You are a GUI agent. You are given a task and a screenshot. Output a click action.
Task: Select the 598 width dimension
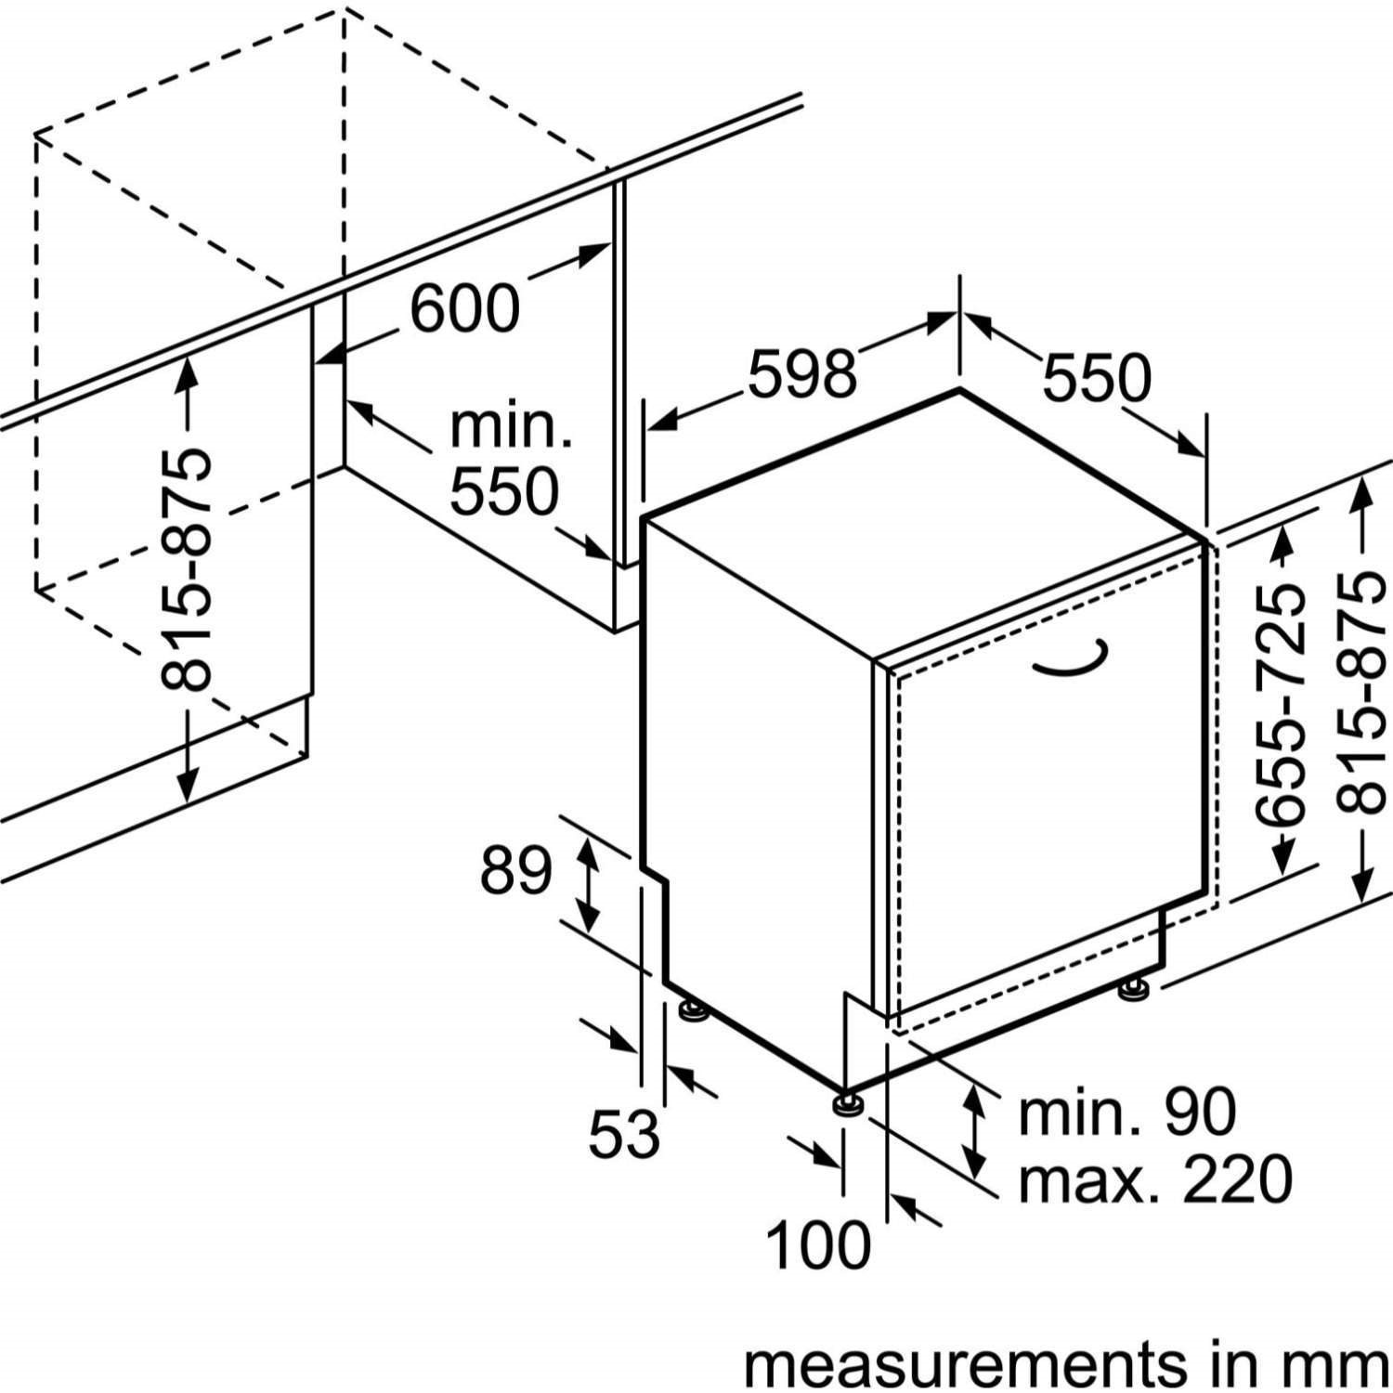801,373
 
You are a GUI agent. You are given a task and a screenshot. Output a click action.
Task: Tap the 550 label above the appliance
1097,378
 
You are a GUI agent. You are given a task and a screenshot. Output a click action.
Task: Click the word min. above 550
510,427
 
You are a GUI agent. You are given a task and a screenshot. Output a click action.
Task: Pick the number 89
516,871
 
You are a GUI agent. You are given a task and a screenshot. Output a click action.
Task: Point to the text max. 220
1155,1178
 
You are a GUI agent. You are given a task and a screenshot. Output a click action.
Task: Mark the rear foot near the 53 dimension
692,1009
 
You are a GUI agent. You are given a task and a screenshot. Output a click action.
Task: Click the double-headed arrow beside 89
588,882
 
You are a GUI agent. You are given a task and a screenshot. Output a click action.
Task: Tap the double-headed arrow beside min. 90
972,1130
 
